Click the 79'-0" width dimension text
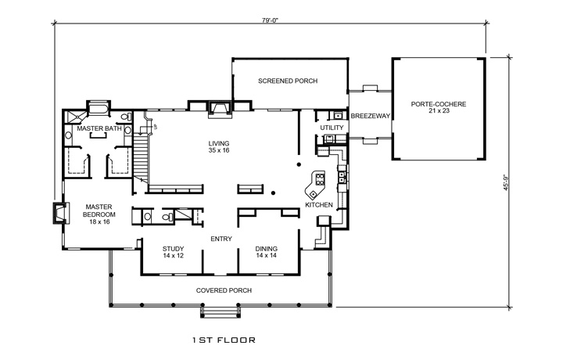(x=271, y=20)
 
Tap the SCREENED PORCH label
(x=288, y=81)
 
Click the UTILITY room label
(x=332, y=127)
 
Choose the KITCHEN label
(x=319, y=205)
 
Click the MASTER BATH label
(x=99, y=128)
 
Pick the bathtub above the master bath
(x=99, y=108)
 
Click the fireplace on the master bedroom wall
(x=59, y=214)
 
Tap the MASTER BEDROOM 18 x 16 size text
(x=99, y=222)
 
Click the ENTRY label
(x=221, y=239)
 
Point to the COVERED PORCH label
(x=224, y=290)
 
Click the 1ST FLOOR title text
(x=224, y=341)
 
